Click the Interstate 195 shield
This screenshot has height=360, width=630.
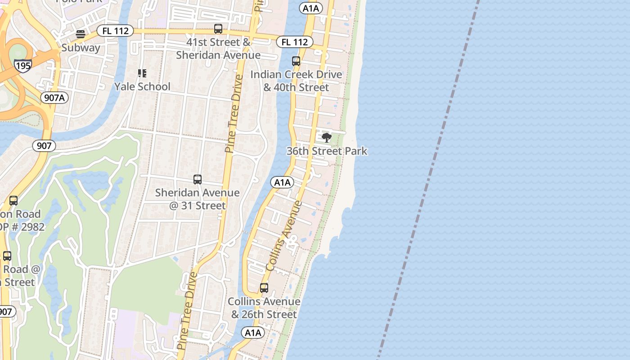pos(22,65)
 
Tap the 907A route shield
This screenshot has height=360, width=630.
pos(54,97)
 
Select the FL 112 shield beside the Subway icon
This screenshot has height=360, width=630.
pos(115,31)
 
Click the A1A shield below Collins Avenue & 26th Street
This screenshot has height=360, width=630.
pos(253,333)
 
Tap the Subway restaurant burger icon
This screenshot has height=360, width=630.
pos(81,34)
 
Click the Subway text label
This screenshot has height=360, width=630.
pos(81,48)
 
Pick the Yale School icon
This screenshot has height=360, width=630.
pos(142,73)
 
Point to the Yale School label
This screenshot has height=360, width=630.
pos(142,86)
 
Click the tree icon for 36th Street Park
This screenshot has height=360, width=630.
pos(327,138)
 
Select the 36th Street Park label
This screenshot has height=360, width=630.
pos(327,151)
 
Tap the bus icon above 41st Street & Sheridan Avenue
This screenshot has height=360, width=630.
pos(218,29)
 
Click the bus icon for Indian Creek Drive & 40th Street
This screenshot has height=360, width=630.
pos(296,61)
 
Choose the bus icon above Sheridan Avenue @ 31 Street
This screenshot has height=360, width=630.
pos(198,180)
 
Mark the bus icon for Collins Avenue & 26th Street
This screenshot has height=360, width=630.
pos(264,288)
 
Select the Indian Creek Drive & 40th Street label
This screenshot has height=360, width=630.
pos(296,81)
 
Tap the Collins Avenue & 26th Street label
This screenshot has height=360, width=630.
pos(264,308)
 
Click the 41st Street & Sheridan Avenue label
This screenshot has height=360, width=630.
pos(218,49)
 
